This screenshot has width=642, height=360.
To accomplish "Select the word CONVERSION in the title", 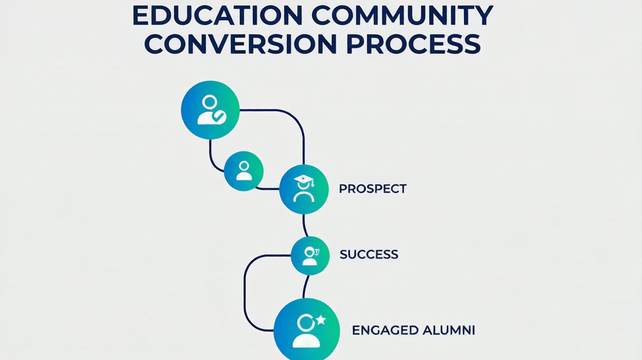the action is pyautogui.click(x=240, y=44).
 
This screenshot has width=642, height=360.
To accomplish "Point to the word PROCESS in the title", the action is pyautogui.click(x=413, y=44).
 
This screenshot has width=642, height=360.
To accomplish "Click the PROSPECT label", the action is pyautogui.click(x=373, y=189).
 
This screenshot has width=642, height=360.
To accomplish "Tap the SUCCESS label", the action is pyautogui.click(x=369, y=254).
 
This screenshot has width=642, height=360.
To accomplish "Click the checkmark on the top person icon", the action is pyautogui.click(x=219, y=116).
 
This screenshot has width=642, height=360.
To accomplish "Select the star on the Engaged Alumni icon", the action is pyautogui.click(x=320, y=319).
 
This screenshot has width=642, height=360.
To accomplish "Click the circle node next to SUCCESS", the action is pyautogui.click(x=310, y=255).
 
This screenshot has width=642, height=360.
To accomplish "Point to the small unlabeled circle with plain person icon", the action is pyautogui.click(x=243, y=171).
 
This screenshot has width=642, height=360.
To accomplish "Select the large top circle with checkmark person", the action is pyautogui.click(x=210, y=110).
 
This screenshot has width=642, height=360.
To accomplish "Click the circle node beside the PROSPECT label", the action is pyautogui.click(x=304, y=189).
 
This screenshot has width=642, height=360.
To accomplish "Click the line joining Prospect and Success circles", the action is pyautogui.click(x=305, y=225).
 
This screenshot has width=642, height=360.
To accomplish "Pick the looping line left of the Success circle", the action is pyautogui.click(x=244, y=292).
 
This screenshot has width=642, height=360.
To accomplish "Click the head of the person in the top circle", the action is pyautogui.click(x=210, y=102).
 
